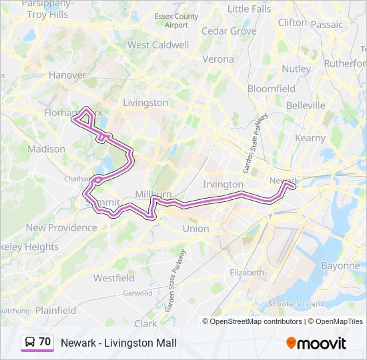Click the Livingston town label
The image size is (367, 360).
click(x=145, y=103)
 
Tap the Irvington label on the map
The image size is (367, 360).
click(x=223, y=184)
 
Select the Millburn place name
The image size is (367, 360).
click(x=153, y=193)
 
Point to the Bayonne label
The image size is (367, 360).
click(x=340, y=265)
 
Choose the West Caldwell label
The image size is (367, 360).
click(x=157, y=45)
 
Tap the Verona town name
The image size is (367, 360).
click(x=218, y=59)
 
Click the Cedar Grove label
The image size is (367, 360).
click(x=229, y=31)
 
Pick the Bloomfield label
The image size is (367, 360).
click(x=271, y=88)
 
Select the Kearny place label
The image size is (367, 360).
click(x=310, y=138)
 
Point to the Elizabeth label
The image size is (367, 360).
click(x=246, y=273)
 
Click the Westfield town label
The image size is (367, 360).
click(x=113, y=277)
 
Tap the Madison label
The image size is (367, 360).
click(x=46, y=149)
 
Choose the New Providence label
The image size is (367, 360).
click(x=61, y=227)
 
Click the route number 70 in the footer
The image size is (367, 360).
click(x=45, y=342)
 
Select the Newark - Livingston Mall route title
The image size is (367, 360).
click(x=119, y=343)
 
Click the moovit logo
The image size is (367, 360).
click(x=316, y=343)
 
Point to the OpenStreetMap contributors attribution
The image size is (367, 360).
click(x=256, y=321)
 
